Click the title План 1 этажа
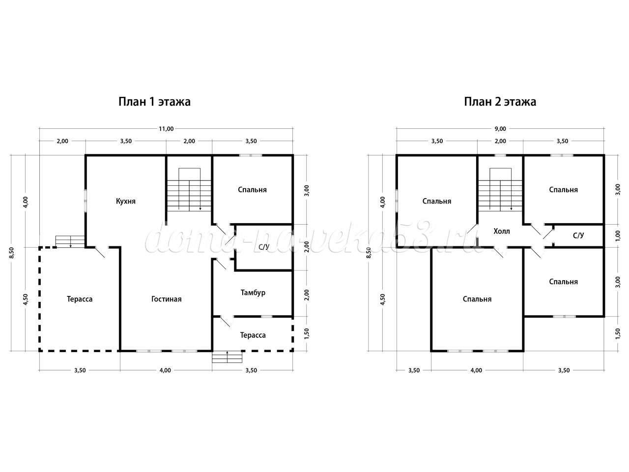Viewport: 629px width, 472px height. point(154,102)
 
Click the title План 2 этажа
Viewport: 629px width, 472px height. point(500,102)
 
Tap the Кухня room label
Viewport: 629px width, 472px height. point(125,201)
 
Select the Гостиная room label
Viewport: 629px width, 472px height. point(166,299)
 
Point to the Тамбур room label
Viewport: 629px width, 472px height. point(253,293)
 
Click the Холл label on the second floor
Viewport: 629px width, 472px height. point(502,231)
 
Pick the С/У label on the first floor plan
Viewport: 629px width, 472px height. point(264,247)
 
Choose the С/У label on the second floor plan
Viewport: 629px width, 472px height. point(578,236)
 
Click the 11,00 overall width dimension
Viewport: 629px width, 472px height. point(166,129)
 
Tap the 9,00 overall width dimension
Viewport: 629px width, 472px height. point(500,129)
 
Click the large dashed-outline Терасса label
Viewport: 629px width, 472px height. point(80,299)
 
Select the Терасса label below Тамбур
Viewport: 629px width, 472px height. point(253,335)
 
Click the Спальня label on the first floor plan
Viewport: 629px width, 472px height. point(252,190)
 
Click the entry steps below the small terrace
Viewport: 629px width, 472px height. point(227,357)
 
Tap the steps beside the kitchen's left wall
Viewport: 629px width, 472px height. point(70,241)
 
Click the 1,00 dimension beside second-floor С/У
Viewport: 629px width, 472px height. point(618,236)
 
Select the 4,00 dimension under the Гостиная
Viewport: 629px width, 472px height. point(165,370)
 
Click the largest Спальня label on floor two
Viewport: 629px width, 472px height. point(477,299)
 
